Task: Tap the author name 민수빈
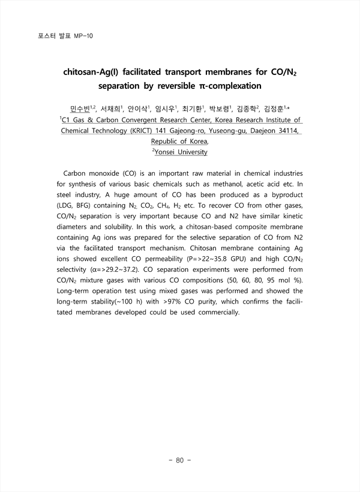click(x=79, y=109)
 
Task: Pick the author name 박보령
click(x=218, y=109)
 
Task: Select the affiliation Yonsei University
click(x=181, y=152)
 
